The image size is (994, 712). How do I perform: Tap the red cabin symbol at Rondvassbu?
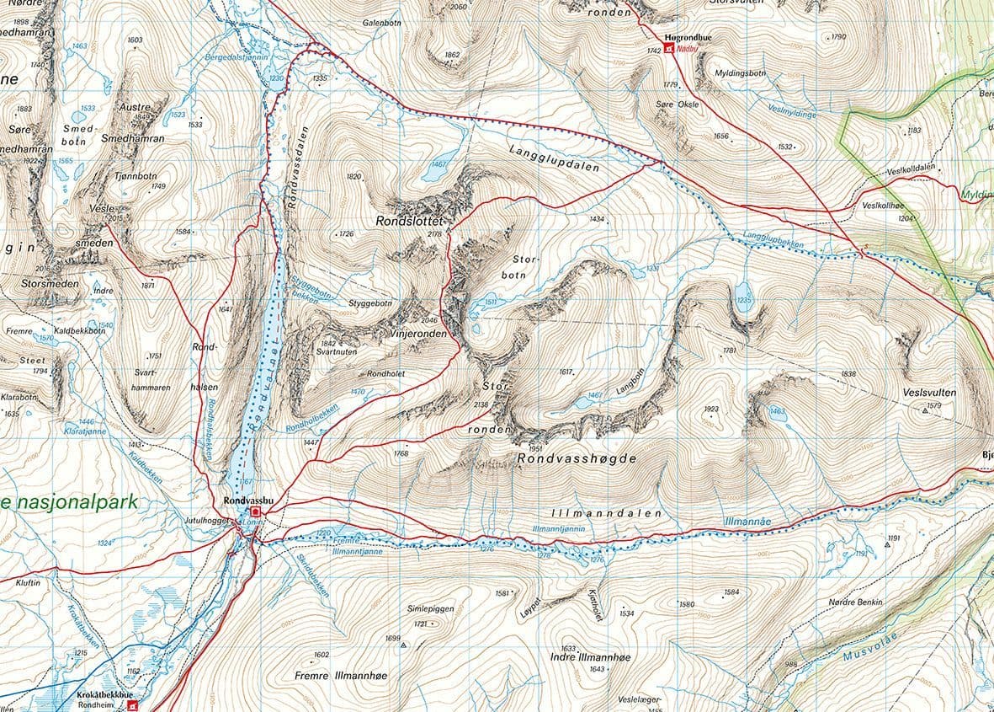coord(255,511)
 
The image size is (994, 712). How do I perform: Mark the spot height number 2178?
coord(434,234)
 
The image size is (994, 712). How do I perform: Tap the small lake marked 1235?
coord(744,300)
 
